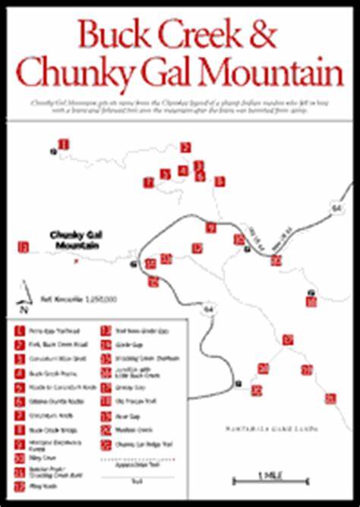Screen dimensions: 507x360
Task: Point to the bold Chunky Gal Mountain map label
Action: click(x=76, y=239)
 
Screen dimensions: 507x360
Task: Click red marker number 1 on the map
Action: click(x=64, y=144)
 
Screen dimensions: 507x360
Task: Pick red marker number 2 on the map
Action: click(x=185, y=147)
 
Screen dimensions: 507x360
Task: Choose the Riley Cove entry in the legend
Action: click(x=38, y=459)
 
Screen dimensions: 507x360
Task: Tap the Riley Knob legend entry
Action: click(x=38, y=483)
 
